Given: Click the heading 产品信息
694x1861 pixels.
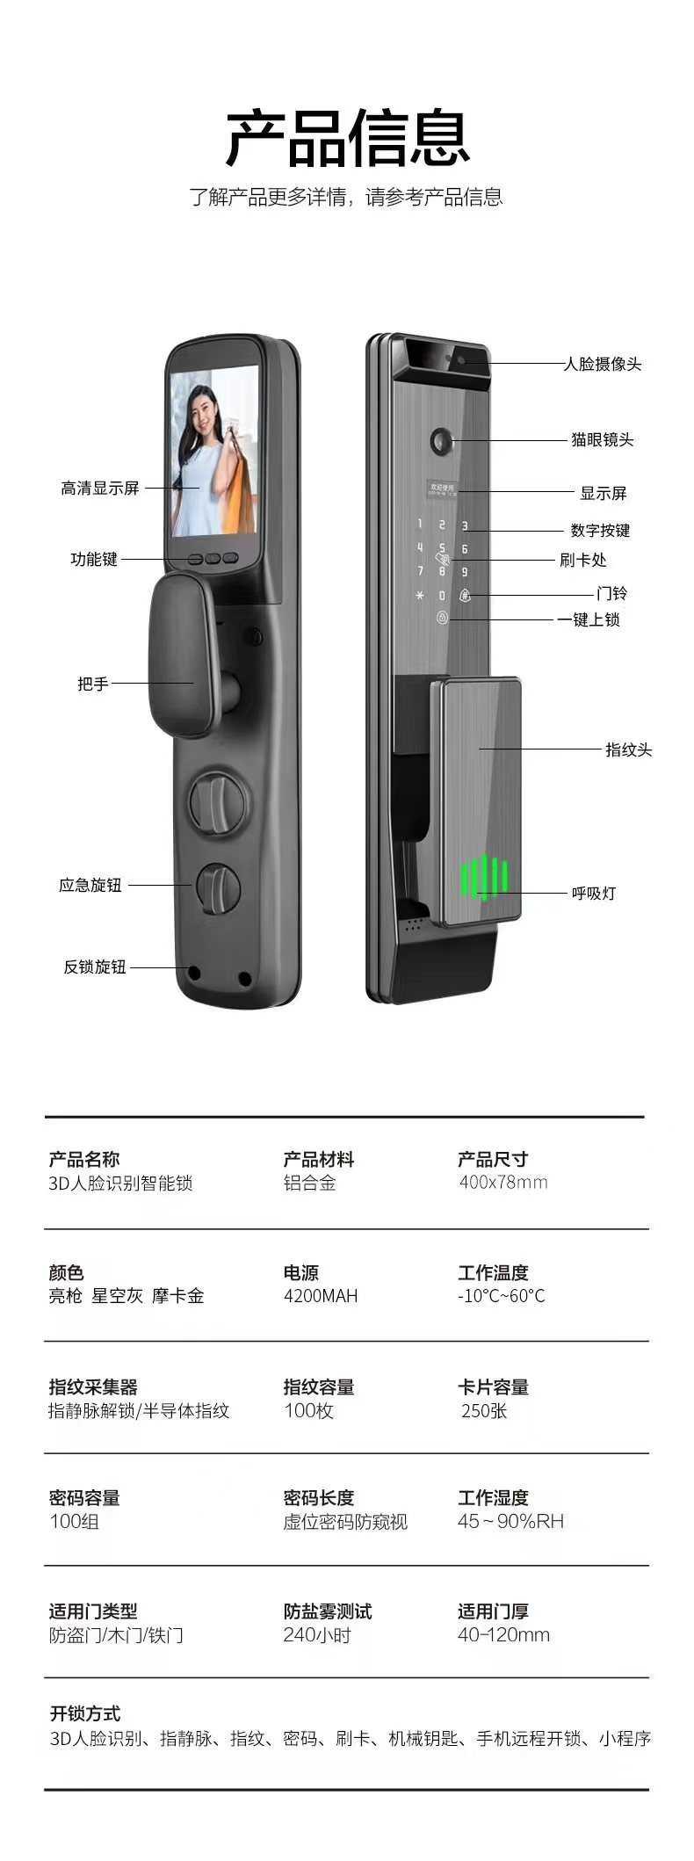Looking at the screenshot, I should click(x=348, y=138).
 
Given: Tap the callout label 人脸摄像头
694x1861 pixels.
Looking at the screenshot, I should click(x=602, y=364).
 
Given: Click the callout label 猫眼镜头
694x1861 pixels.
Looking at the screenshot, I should click(x=602, y=439).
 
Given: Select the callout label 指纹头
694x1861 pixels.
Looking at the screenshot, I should click(x=628, y=749).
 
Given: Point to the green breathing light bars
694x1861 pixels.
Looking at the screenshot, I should click(x=484, y=879).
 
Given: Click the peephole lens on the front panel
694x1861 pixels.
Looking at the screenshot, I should click(x=439, y=440).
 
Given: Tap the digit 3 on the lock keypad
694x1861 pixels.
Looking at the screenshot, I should click(x=465, y=526).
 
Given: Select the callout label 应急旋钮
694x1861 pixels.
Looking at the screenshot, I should click(x=90, y=885).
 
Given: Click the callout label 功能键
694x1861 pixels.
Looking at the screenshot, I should click(x=94, y=559).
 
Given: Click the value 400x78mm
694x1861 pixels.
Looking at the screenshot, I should click(x=502, y=1183).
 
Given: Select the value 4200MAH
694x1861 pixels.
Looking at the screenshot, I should click(x=321, y=1296).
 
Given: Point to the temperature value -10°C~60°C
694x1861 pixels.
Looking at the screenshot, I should click(x=501, y=1296).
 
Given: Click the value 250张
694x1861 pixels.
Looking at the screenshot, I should click(x=484, y=1411).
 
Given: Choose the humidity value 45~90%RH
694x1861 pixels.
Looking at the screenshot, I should click(x=510, y=1522).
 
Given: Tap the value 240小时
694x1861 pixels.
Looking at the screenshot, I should click(x=317, y=1635).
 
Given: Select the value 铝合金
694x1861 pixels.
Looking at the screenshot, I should click(x=309, y=1183).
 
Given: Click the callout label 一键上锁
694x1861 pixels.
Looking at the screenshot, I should click(x=589, y=619).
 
